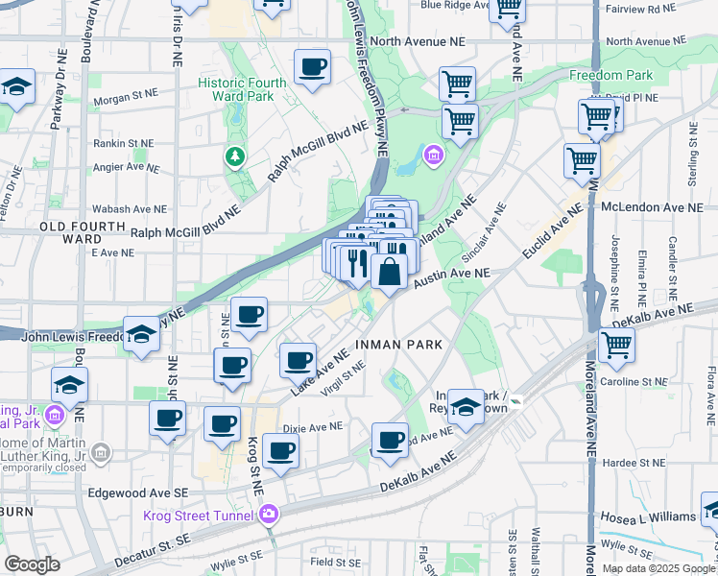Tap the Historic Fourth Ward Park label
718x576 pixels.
[x=242, y=89]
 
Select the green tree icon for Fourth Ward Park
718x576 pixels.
[x=233, y=155]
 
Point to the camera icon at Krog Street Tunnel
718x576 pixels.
[x=271, y=515]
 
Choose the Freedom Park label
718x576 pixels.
[x=610, y=75]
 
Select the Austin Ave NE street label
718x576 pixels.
[x=452, y=274]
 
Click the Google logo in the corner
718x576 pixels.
[x=32, y=564]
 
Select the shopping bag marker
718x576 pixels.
[x=390, y=272]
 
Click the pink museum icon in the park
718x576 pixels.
[x=433, y=155]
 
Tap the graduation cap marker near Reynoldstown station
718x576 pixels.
[x=467, y=406]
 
